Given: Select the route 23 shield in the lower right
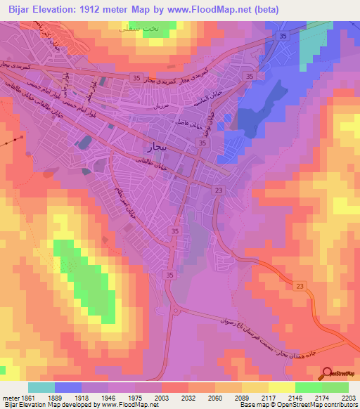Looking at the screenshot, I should click(300, 285).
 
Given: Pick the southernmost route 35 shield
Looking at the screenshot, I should click(169, 276).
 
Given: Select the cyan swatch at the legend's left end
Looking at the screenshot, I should click(41, 387).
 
